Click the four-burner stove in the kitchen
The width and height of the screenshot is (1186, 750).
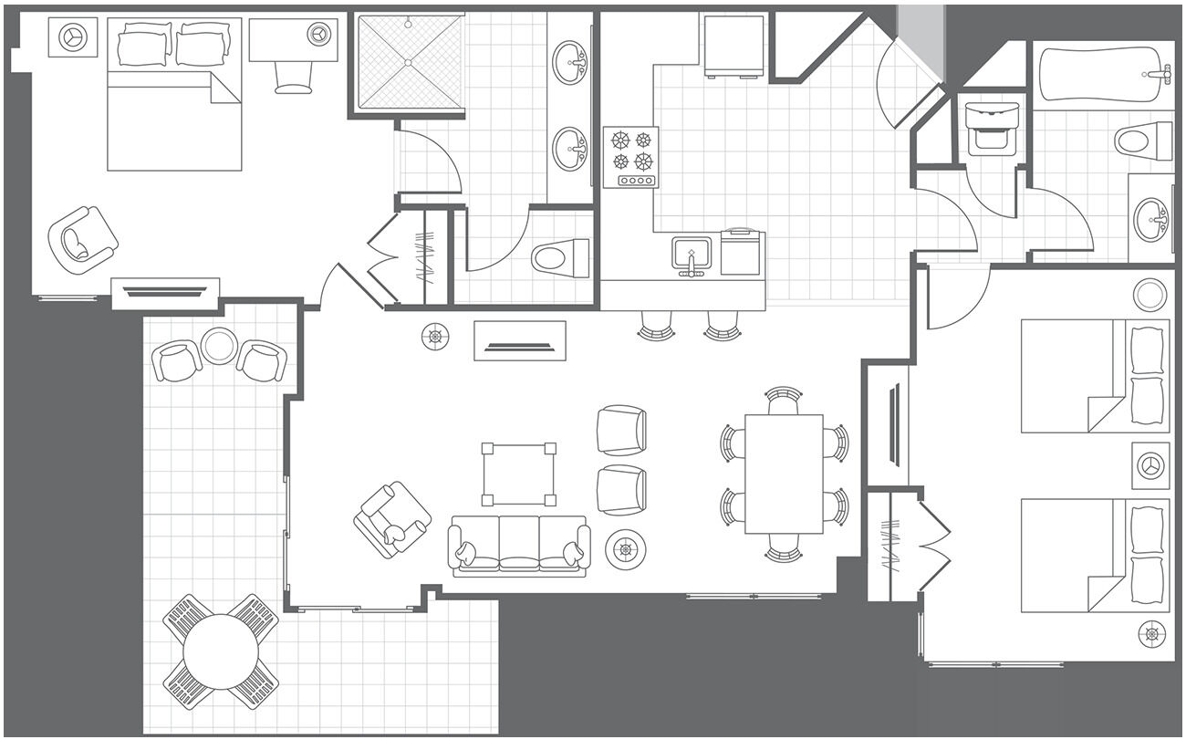[630, 156]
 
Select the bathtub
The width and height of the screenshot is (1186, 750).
[1104, 75]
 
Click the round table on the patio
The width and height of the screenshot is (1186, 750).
[221, 651]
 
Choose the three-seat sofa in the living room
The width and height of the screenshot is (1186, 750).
[518, 545]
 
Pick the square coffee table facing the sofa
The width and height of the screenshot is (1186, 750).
[518, 474]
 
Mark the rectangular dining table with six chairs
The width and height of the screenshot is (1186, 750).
[784, 474]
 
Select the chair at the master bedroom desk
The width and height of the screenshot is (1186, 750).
[293, 77]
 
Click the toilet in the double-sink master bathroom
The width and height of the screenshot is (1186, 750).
[561, 257]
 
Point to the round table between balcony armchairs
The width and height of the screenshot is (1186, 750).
[219, 346]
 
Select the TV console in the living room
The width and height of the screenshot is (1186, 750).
[519, 340]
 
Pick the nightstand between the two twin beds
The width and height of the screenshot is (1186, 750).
[1150, 465]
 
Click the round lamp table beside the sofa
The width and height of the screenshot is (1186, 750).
[626, 548]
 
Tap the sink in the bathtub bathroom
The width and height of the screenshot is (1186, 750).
[1150, 219]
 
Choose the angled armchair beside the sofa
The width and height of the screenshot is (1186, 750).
[392, 519]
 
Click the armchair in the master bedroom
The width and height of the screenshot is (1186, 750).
[82, 239]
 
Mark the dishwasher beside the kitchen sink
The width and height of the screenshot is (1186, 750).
[742, 252]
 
